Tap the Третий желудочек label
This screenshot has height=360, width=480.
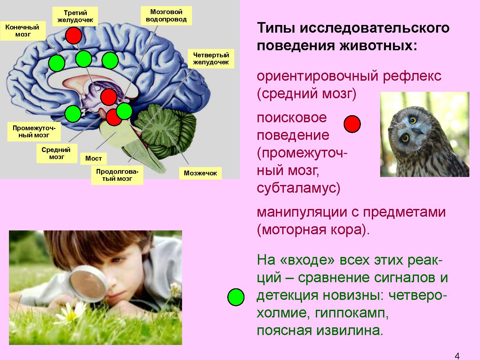[75, 16]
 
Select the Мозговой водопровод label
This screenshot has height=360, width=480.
[166, 15]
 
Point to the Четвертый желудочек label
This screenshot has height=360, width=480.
[211, 59]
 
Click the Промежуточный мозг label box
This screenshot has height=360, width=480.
[34, 132]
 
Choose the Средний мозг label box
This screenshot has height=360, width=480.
[57, 153]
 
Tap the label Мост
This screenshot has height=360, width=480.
[93, 158]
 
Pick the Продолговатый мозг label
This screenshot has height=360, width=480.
[117, 175]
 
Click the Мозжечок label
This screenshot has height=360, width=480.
[200, 173]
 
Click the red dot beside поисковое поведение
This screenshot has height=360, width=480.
[352, 124]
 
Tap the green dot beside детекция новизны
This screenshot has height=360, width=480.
[236, 297]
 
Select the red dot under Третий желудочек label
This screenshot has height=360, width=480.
[74, 36]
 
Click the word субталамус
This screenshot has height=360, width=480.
[299, 188]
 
